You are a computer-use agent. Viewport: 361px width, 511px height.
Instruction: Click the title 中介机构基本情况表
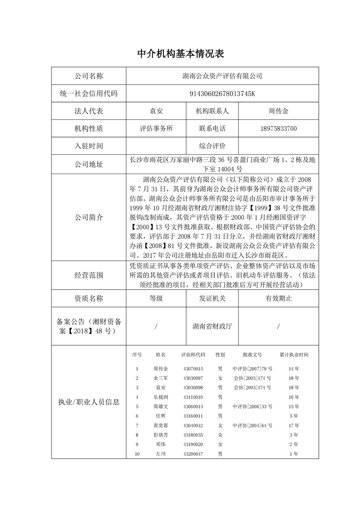coord(181,54)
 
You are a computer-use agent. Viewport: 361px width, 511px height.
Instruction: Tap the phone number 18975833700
coord(279,128)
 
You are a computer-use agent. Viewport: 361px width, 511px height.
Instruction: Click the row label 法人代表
coord(89,111)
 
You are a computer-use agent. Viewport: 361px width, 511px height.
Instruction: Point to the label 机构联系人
coord(212,111)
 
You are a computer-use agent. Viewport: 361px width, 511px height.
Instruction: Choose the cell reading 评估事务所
coord(156,128)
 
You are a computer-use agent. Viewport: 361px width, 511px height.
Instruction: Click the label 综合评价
coord(212,146)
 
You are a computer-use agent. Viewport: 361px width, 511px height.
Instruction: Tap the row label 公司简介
coord(89,217)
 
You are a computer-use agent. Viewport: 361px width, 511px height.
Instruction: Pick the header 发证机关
coord(212,298)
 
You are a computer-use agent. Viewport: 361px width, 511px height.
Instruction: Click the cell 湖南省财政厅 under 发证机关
coord(212,327)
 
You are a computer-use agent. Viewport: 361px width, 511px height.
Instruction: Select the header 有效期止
coord(279,298)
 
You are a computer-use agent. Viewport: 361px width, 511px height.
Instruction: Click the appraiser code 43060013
coord(193,406)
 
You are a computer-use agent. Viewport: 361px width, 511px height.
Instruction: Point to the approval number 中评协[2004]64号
coord(252,425)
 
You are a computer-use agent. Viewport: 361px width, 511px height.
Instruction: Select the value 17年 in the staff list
coord(294,425)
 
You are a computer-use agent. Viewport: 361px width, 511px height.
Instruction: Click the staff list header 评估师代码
coord(193,354)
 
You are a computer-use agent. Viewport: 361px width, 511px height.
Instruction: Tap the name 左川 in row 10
coord(161,454)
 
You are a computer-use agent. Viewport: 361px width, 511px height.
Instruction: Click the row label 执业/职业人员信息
coord(89,402)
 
